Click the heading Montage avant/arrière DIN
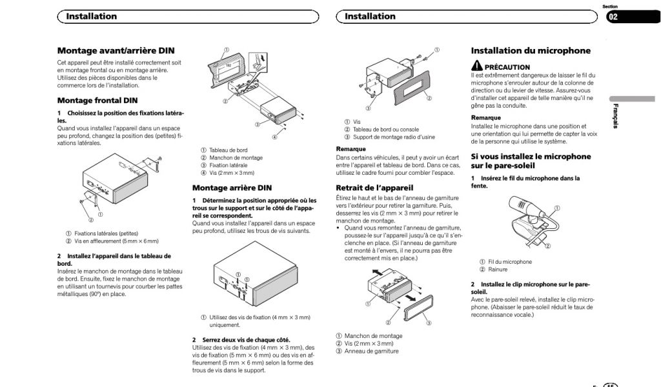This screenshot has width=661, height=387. [x=116, y=50]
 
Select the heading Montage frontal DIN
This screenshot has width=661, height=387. [x=97, y=101]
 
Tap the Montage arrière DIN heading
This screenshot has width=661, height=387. [x=232, y=188]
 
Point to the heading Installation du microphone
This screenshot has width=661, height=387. [x=531, y=50]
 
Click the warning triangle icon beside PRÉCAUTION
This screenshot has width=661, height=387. [x=477, y=66]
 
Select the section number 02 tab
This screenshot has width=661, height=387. [x=613, y=17]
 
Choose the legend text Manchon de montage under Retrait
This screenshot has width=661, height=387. [x=373, y=336]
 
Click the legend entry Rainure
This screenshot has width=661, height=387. [x=498, y=270]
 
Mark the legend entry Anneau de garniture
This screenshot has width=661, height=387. [x=371, y=352]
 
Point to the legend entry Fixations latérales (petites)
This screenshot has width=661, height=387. [x=106, y=233]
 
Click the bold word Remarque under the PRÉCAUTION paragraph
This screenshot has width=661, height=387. [x=486, y=118]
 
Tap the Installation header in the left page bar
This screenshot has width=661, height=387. [x=91, y=16]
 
